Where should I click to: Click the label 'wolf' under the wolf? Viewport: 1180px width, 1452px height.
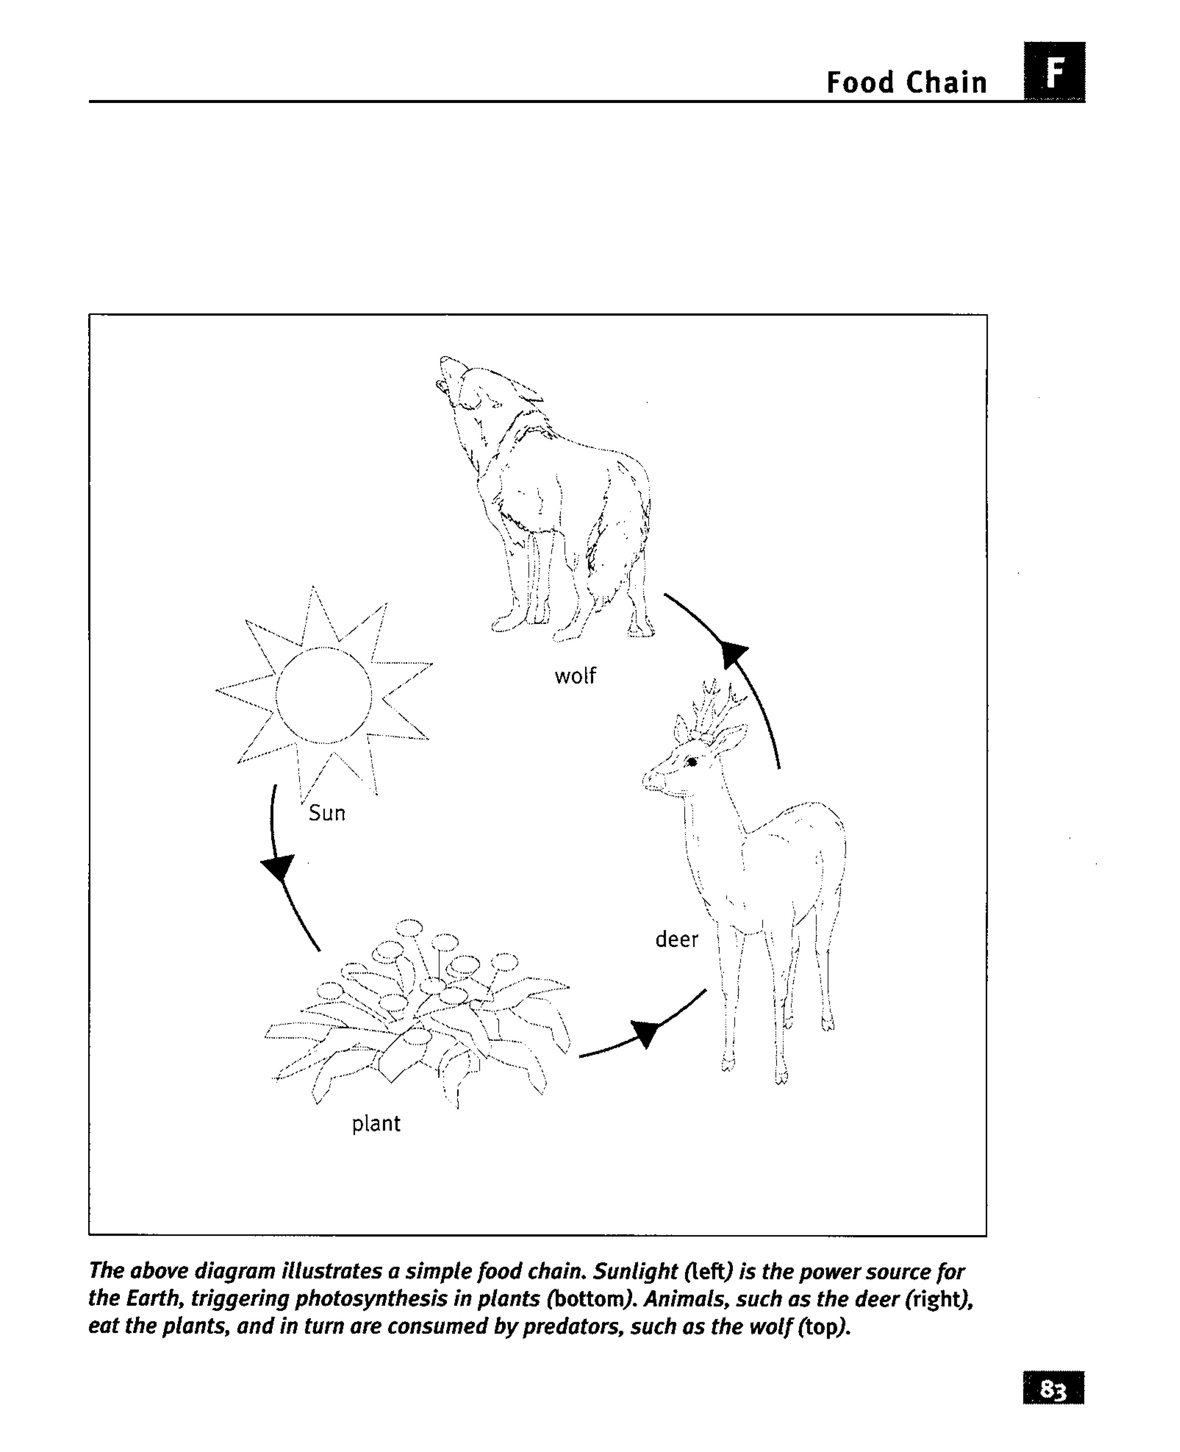[x=575, y=676]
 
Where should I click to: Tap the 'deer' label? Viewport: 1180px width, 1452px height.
[x=676, y=940]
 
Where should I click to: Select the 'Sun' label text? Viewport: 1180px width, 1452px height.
[x=327, y=813]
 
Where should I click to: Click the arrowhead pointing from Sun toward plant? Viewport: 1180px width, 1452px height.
[x=277, y=867]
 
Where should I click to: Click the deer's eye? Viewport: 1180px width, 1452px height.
[x=692, y=762]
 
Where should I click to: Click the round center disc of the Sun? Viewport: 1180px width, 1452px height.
[x=323, y=695]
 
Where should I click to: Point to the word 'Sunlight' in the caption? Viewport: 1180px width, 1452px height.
[x=636, y=1271]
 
